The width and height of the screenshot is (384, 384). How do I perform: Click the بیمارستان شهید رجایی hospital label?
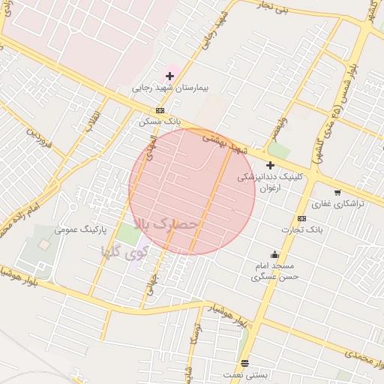(171, 88)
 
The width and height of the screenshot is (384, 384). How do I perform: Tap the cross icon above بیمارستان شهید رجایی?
(170, 76)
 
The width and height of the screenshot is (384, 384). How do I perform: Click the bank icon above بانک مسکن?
(159, 110)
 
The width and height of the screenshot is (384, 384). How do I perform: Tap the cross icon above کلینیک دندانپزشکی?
(270, 165)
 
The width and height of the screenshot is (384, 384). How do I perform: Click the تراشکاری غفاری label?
(338, 204)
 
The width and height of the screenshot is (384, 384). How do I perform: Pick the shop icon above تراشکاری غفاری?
(337, 193)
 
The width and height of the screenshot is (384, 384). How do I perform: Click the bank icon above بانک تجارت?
(301, 218)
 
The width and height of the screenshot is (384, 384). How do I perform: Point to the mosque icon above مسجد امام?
(274, 253)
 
